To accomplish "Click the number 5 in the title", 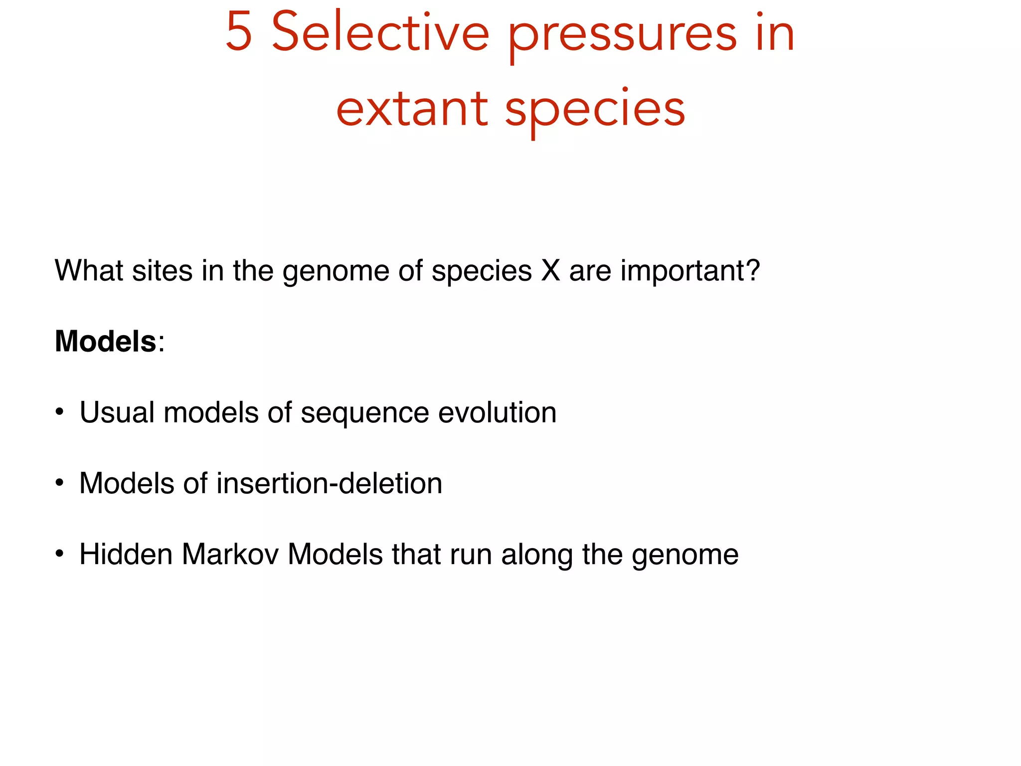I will (239, 33).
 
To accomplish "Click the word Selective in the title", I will (380, 33).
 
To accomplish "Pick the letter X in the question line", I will (551, 270).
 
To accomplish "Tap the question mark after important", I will (753, 270).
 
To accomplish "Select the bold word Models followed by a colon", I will (106, 341).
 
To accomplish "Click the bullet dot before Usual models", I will (59, 412).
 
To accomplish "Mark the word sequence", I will (364, 414).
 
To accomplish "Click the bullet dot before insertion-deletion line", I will (59, 483).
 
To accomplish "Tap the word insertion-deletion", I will (329, 483).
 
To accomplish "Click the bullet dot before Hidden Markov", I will (59, 554).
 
